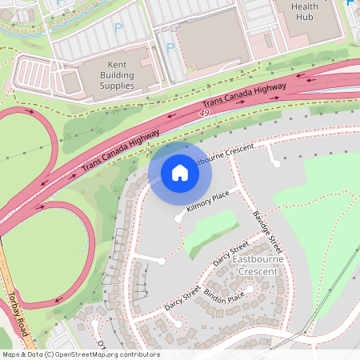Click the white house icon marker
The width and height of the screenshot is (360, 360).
pos(179,172)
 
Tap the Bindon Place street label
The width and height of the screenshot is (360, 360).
pos(223,298)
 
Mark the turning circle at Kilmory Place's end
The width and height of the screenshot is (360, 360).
pos(178,218)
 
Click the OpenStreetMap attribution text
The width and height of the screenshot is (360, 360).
pos(81,354)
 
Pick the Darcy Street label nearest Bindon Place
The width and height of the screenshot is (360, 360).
pos(182,297)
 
